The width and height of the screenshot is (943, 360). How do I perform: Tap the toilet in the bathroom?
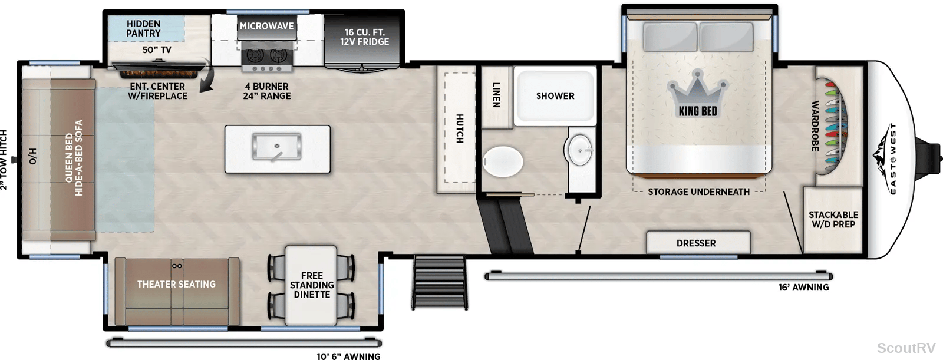click(x=503, y=161)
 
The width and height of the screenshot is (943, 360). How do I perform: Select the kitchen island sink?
click(x=276, y=147)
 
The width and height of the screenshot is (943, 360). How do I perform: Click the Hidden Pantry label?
click(x=144, y=28)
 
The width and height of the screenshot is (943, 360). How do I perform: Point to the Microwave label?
click(x=267, y=26)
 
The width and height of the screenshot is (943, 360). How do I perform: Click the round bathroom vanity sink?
click(x=580, y=150)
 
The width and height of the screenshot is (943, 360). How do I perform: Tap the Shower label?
click(x=555, y=96)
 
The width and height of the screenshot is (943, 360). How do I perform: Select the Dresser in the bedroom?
click(x=698, y=242)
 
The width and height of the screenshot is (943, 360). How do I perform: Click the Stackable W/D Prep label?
click(x=833, y=219)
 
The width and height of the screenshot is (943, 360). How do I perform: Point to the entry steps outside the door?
click(x=440, y=282)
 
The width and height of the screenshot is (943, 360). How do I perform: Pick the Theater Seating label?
click(x=176, y=284)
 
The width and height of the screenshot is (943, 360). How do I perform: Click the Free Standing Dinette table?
click(x=311, y=286)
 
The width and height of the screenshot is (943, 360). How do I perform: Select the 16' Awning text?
click(x=803, y=287)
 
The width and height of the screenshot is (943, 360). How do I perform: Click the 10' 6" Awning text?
click(x=348, y=356)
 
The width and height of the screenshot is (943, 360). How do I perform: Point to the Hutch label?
click(x=460, y=128)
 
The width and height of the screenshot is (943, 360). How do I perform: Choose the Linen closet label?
click(x=496, y=95)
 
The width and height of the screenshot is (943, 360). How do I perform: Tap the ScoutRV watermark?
click(x=906, y=348)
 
